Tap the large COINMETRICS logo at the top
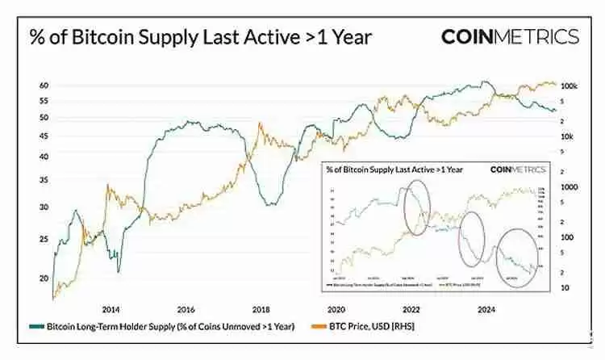point(510,36)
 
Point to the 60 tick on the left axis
point(45,86)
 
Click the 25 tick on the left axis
point(45,239)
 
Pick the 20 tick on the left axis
point(45,278)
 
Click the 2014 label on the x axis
point(111,308)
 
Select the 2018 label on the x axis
point(261,308)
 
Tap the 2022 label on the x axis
point(411,308)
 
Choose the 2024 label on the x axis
point(486,308)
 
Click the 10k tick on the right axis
point(567,136)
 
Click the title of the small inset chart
point(394,170)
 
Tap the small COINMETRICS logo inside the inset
point(517,170)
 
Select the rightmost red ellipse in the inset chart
point(516,253)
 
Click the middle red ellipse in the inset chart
point(470,240)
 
